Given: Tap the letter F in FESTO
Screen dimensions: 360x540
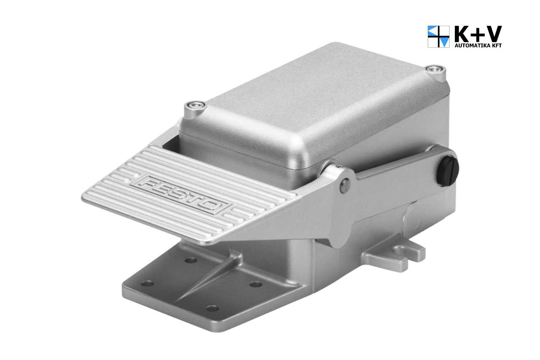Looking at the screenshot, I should coord(148,184).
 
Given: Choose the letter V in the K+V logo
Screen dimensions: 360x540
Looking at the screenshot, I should coord(493,34).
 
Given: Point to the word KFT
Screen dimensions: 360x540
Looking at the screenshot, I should coord(495,46).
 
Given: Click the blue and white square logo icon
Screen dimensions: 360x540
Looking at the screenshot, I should coord(439,37).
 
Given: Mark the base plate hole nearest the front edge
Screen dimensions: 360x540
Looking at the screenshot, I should coord(213,308).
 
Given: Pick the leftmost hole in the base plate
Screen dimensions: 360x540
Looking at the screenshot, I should coord(147,283).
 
